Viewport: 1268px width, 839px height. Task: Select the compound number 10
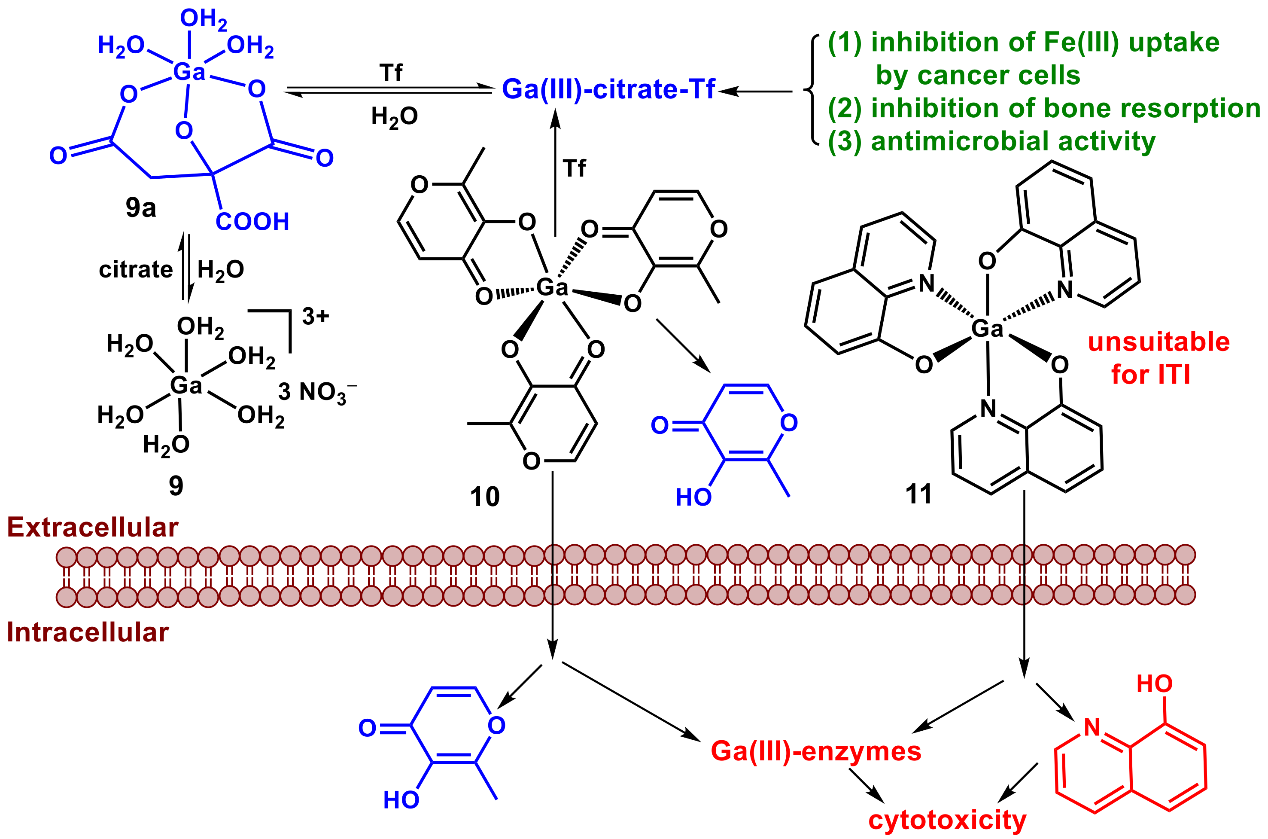click(484, 497)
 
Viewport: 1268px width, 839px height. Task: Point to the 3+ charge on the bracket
click(315, 316)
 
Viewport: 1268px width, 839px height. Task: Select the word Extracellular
click(92, 528)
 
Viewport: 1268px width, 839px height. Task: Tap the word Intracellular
click(88, 632)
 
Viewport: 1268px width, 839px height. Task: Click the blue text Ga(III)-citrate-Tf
click(608, 89)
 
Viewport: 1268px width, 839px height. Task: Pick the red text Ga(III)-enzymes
click(815, 751)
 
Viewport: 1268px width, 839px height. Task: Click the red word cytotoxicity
click(947, 820)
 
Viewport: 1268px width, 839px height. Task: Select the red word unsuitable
click(1159, 342)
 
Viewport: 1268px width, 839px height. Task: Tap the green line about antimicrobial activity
click(991, 142)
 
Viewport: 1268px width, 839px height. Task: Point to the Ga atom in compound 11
click(987, 329)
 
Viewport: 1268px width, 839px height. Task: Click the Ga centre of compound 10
click(551, 288)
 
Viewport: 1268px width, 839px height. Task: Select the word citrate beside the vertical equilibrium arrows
click(136, 269)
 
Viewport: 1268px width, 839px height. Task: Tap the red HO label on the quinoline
click(1154, 684)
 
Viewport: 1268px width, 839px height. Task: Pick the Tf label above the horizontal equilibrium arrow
click(390, 72)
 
